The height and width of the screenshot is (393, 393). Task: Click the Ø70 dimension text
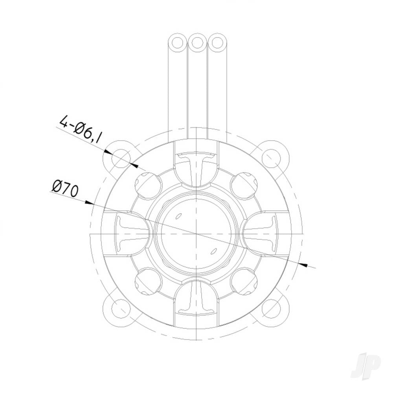pyautogui.click(x=65, y=188)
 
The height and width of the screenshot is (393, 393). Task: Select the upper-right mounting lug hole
pyautogui.click(x=272, y=158)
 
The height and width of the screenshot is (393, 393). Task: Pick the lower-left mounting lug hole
pyautogui.click(x=120, y=309)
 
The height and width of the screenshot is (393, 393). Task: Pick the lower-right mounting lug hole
pyautogui.click(x=272, y=309)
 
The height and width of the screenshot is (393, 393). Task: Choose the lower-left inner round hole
pyautogui.click(x=149, y=281)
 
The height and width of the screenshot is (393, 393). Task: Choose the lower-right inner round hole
pyautogui.click(x=244, y=281)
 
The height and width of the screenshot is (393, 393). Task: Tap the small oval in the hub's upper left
pyautogui.click(x=178, y=215)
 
